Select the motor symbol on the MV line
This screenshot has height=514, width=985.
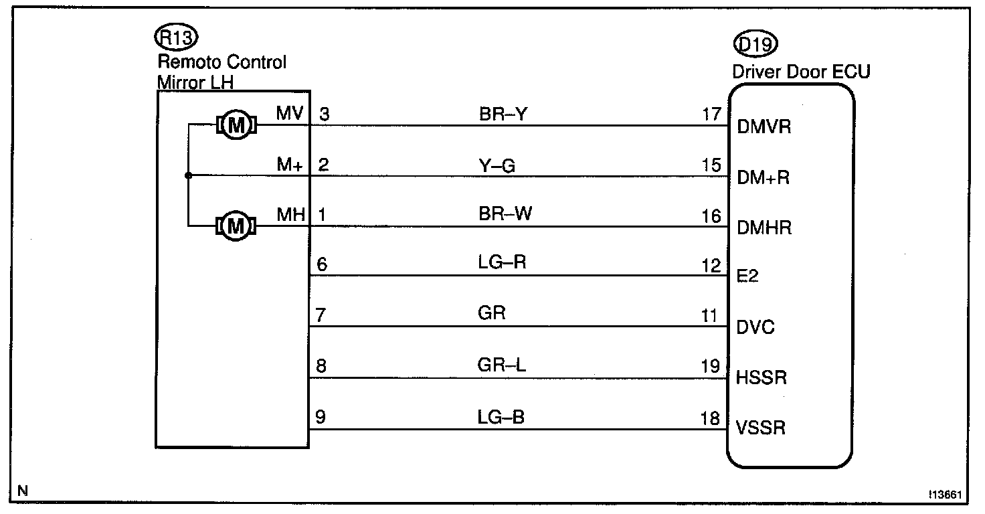coord(235,124)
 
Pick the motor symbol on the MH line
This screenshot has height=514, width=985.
coord(235,226)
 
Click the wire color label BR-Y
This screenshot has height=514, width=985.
coord(503,114)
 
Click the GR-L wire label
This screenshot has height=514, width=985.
coord(503,366)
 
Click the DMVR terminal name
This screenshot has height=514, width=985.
coord(763,126)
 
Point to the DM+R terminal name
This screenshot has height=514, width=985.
coord(764,177)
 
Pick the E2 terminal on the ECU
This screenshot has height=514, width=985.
coord(747,276)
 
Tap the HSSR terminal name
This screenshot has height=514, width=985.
coord(761,378)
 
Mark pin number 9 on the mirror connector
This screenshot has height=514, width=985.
coord(321,418)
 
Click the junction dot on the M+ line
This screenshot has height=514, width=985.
coord(189,175)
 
